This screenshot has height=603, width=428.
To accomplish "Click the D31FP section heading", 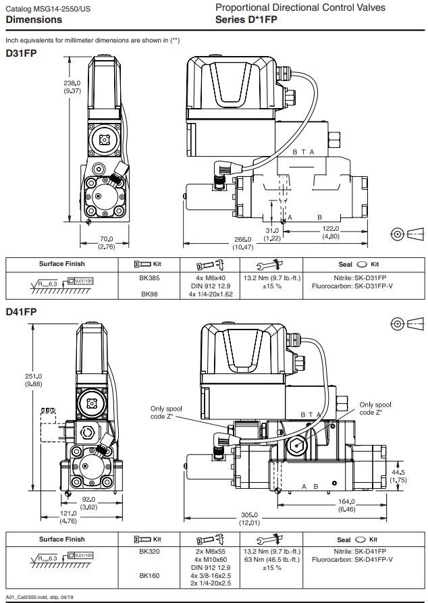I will pyautogui.click(x=21, y=53).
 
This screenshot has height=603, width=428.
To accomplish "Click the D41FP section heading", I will pyautogui.click(x=21, y=312).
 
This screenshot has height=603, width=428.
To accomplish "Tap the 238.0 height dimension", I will pyautogui.click(x=72, y=83).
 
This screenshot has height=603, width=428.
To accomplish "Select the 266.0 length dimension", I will pyautogui.click(x=242, y=239).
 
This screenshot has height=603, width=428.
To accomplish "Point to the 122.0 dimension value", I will pyautogui.click(x=331, y=228).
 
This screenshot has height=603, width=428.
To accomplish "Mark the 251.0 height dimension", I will pyautogui.click(x=33, y=376).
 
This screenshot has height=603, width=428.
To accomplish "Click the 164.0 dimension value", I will pyautogui.click(x=347, y=501).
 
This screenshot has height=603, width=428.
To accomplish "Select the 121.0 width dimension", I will pyautogui.click(x=69, y=513).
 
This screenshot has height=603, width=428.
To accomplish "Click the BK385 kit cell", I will pyautogui.click(x=149, y=278).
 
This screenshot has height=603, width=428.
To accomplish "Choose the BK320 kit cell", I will pyautogui.click(x=149, y=551).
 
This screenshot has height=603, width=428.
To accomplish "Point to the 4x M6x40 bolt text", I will pyautogui.click(x=210, y=278).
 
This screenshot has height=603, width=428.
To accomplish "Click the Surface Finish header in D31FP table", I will pyautogui.click(x=61, y=264).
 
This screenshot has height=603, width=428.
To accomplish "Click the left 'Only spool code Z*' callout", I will pyautogui.click(x=166, y=412).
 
